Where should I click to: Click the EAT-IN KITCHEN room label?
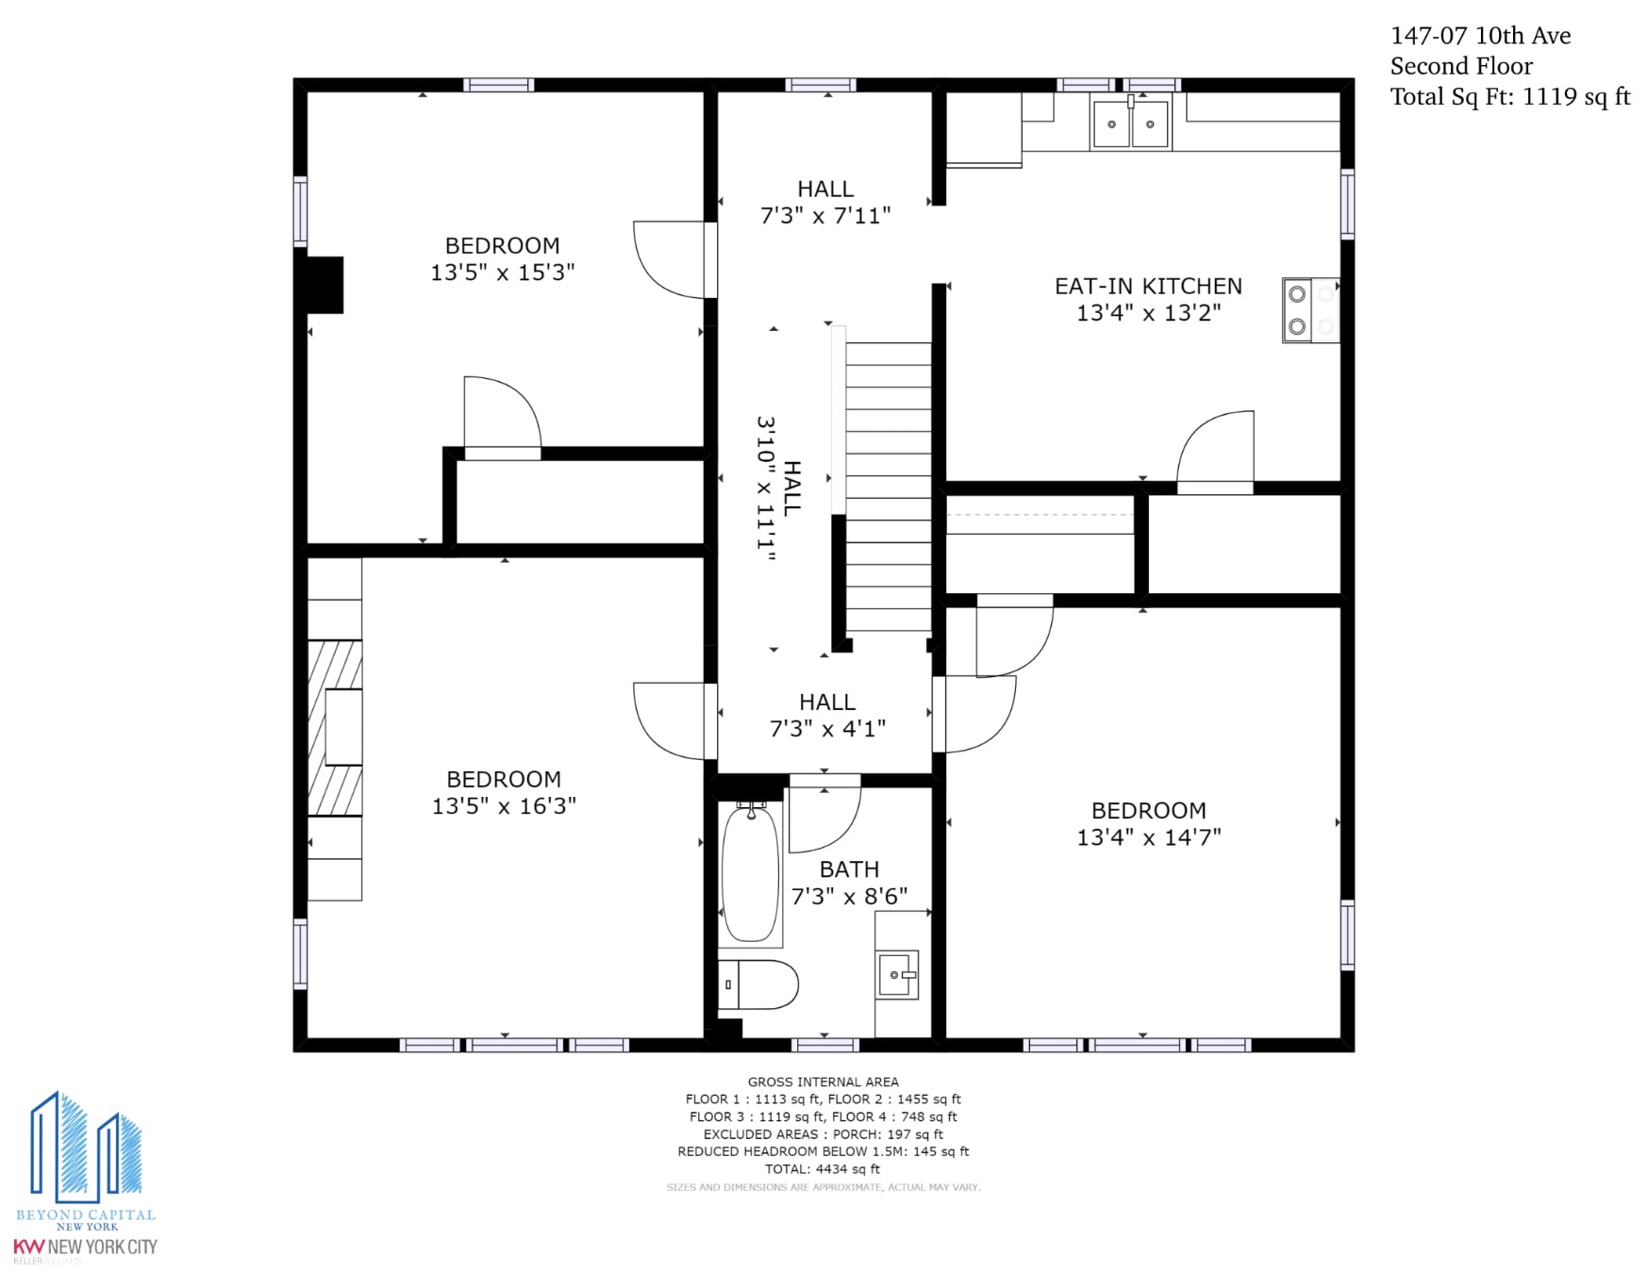click(x=1148, y=286)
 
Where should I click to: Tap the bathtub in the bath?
click(x=751, y=874)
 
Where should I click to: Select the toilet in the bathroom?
click(x=758, y=984)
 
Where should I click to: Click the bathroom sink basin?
click(x=897, y=975)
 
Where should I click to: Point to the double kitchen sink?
click(x=1130, y=123)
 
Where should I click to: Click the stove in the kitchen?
click(x=1310, y=309)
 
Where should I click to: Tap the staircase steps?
click(x=888, y=486)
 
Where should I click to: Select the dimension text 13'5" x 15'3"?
click(x=503, y=273)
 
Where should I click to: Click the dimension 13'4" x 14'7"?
click(x=1149, y=837)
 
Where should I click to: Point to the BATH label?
click(x=849, y=869)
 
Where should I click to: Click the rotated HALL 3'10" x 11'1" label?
click(x=778, y=488)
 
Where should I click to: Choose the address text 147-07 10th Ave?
click(x=1480, y=36)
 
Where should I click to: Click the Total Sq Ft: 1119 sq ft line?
click(x=1510, y=96)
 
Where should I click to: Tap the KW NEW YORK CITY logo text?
click(x=85, y=1247)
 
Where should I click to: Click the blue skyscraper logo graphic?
click(x=86, y=1148)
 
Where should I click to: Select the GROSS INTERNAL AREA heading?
click(x=824, y=1082)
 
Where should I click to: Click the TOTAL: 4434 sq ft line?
click(x=823, y=1169)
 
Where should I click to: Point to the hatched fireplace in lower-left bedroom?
click(x=335, y=727)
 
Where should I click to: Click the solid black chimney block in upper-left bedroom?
click(x=325, y=285)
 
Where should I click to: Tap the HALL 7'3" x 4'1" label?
click(x=827, y=715)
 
